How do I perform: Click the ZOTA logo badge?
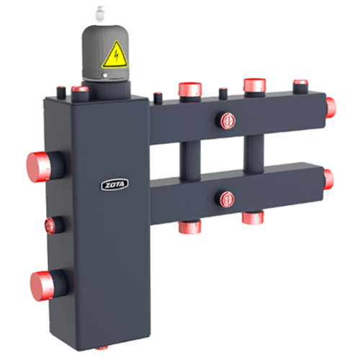pos(114,184)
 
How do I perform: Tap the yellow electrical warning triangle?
pos(114,55)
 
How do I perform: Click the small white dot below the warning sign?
pos(105,76)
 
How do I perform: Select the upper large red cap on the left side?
pos(38,167)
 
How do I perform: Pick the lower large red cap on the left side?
pos(42,286)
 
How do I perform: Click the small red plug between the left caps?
pos(50,225)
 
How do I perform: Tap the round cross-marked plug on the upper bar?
pos(228,121)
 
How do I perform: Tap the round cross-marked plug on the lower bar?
pos(227,199)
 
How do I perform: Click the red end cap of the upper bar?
pos(331,107)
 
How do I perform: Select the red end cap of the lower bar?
pos(328,179)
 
